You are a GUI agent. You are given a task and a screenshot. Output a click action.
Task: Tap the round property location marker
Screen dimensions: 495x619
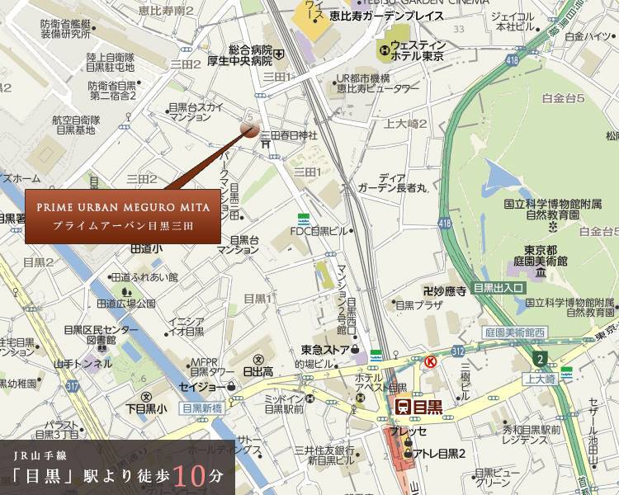pyautogui.click(x=249, y=127)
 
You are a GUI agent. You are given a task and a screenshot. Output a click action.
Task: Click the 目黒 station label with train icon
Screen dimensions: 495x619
pyautogui.click(x=418, y=406)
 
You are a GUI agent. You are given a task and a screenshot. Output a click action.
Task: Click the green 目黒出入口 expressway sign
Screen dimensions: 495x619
pyautogui.click(x=499, y=288)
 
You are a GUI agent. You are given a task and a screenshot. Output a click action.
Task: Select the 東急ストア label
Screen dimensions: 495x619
pyautogui.click(x=324, y=348)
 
